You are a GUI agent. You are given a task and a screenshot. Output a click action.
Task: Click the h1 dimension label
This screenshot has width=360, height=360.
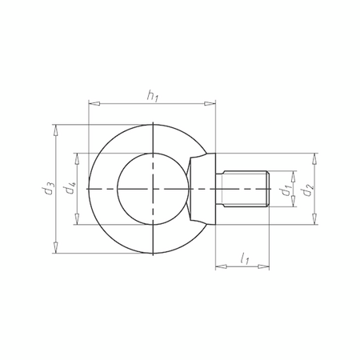(x=152, y=96)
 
